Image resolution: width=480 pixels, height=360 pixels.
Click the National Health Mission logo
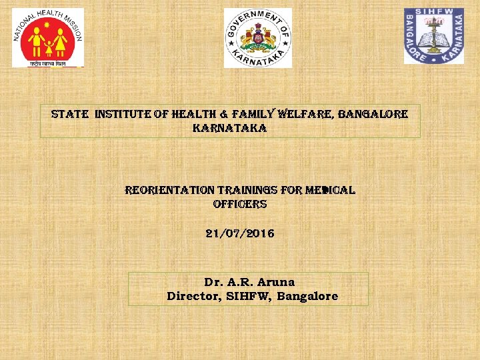[x=47, y=37]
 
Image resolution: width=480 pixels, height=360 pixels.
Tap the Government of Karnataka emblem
[x=257, y=38]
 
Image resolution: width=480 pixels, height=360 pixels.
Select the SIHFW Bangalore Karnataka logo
[x=433, y=36]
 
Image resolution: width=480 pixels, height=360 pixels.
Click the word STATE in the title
[x=70, y=114]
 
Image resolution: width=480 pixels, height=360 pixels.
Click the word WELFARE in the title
[x=306, y=114]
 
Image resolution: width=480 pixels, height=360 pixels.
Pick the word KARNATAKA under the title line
[x=229, y=128]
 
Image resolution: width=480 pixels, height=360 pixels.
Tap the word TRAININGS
[x=249, y=190]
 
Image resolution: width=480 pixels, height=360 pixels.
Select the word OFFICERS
[x=240, y=204]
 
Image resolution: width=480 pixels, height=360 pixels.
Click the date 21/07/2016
[x=240, y=234]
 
